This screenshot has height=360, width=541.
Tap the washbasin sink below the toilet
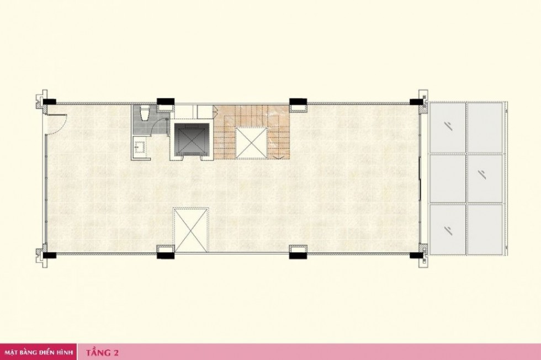point(140,147)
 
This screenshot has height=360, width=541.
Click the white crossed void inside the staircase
point(252,142)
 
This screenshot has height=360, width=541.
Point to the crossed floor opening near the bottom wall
point(191,230)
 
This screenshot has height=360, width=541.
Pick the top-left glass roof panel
point(448,127)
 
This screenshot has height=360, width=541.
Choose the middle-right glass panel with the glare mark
point(485,178)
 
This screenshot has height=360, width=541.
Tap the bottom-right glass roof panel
point(485,230)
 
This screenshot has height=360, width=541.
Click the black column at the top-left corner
point(49,102)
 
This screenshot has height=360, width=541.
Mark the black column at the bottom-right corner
point(417,256)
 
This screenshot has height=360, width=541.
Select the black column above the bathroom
point(166,102)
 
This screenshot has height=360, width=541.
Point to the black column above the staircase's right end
point(298,102)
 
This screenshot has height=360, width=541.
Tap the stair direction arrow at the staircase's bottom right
point(279,157)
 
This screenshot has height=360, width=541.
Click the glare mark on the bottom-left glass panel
point(448,230)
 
